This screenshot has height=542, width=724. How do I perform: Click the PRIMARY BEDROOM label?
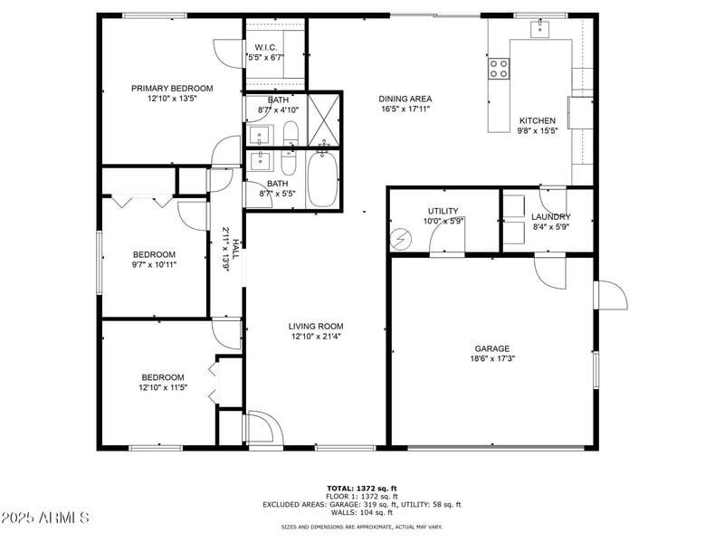point(172,88)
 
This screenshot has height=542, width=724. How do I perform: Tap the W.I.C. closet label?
point(265,47)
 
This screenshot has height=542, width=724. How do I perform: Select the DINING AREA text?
point(405,99)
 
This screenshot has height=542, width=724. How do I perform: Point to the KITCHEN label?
point(537,120)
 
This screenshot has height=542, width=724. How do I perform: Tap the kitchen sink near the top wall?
point(540,28)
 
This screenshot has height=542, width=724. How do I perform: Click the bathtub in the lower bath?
point(323,179)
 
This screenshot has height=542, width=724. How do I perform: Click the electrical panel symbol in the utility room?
point(399,239)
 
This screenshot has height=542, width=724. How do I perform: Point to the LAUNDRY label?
point(550,217)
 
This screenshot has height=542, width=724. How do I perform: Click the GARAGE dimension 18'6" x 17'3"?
point(492,359)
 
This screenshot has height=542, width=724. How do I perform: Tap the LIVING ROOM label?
point(316,327)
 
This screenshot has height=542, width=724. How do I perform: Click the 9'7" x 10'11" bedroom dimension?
point(154,265)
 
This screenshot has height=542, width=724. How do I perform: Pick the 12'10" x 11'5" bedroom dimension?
point(162,387)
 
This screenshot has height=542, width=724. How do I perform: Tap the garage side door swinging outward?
point(609,295)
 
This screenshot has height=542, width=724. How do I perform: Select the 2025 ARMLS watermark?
point(45,518)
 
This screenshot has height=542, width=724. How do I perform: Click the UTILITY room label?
point(443,211)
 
